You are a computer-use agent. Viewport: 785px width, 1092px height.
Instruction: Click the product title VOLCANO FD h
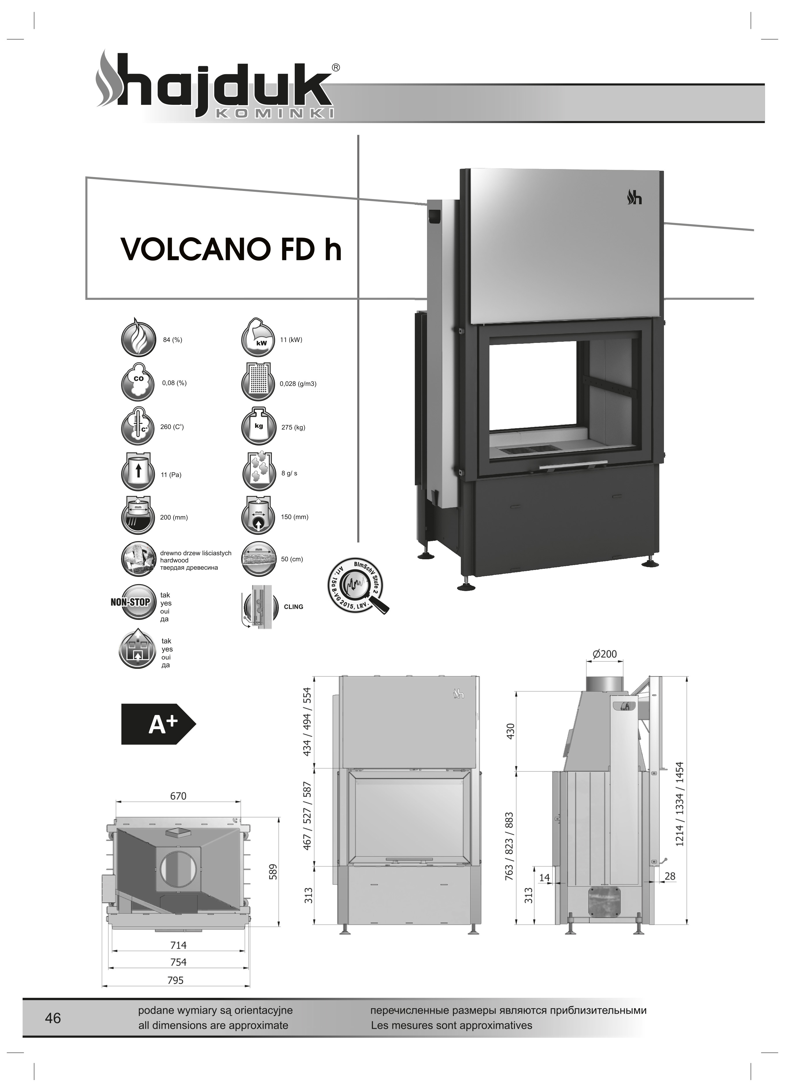click(231, 249)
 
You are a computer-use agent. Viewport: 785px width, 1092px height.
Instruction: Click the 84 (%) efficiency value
click(172, 340)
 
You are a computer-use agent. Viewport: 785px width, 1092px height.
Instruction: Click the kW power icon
click(258, 337)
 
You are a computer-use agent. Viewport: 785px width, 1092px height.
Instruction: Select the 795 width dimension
click(175, 980)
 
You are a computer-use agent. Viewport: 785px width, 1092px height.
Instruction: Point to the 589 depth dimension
click(273, 872)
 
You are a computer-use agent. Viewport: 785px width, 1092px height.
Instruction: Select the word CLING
click(293, 607)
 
